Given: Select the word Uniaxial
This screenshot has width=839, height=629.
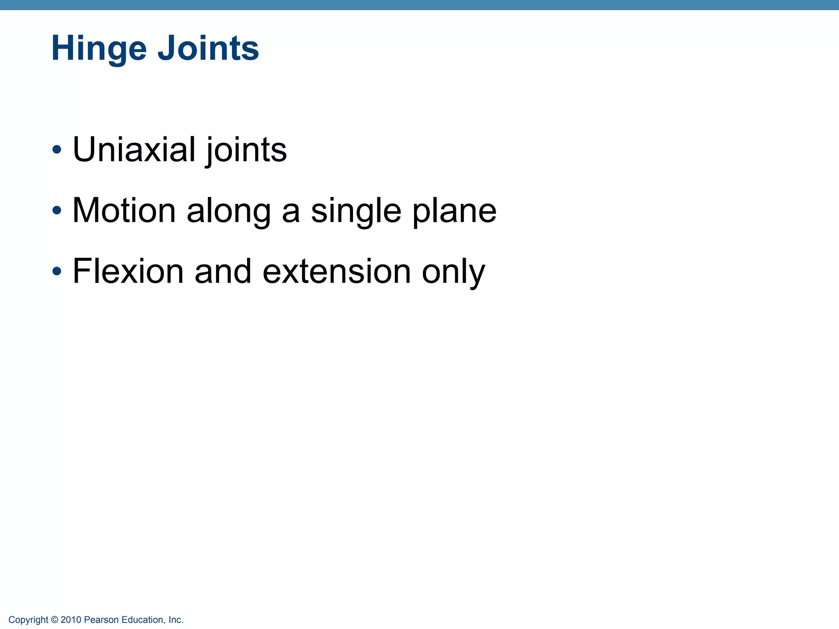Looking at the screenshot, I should [x=134, y=149].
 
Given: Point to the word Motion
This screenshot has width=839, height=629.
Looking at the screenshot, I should [x=124, y=210].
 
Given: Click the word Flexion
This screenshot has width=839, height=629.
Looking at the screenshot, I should [x=128, y=271].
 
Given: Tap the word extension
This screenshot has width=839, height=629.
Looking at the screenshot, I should [x=336, y=272].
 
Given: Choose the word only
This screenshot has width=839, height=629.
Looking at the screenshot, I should [x=453, y=273].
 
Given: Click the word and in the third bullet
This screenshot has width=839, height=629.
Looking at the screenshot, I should [x=223, y=271].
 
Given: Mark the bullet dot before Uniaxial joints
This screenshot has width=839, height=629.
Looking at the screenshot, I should [x=57, y=149].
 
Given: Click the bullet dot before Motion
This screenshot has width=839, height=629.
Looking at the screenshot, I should [x=57, y=210].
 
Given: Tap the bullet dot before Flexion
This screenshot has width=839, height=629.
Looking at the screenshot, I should [x=57, y=271].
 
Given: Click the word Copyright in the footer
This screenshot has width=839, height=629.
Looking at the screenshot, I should [x=28, y=620].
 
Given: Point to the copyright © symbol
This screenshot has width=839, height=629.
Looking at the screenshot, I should [x=54, y=620].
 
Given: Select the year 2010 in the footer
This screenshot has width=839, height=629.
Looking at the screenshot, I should [x=71, y=620].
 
